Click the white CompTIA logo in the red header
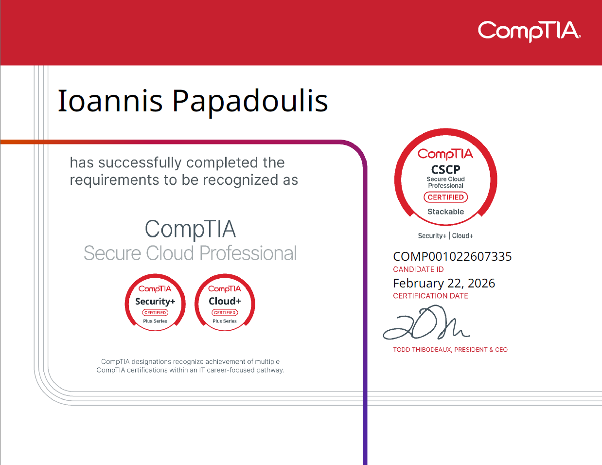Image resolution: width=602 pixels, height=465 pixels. point(529,31)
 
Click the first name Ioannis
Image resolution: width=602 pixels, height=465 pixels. point(110,101)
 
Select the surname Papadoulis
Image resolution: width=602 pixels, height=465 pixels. point(250,102)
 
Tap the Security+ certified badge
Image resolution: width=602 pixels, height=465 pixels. point(155,303)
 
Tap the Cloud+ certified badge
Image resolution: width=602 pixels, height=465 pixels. point(225,303)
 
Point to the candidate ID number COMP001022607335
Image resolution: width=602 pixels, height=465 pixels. point(452,257)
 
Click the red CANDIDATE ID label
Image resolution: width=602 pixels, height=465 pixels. point(418,269)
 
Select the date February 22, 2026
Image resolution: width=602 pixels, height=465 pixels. point(444,283)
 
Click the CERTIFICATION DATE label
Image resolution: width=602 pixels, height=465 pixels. point(430,296)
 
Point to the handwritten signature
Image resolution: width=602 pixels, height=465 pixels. point(426,322)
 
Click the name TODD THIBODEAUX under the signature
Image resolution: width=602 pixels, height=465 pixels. point(422,350)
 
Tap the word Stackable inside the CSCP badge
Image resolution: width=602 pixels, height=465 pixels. point(445,212)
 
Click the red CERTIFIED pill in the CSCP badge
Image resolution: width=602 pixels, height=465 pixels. point(445,197)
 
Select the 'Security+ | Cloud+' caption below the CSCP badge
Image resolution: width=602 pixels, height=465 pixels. point(445,236)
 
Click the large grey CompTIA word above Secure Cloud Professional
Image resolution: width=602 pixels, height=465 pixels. point(190,229)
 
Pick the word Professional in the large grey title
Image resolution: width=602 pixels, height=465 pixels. point(248,253)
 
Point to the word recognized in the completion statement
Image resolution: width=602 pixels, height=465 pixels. point(241,180)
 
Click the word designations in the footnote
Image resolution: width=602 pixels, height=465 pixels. point(151,361)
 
